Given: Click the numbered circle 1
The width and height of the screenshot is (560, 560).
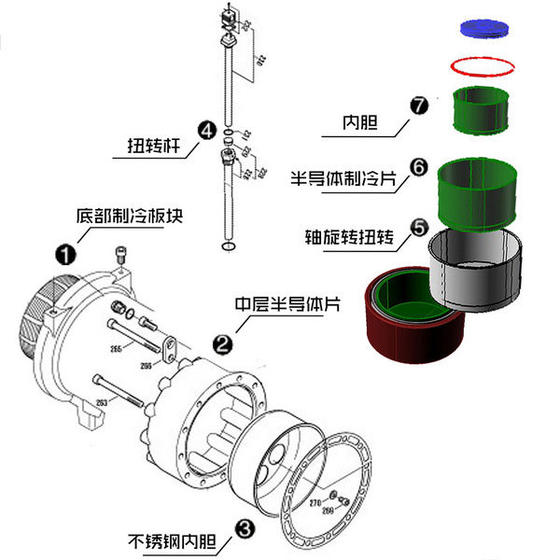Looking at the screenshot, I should pyautogui.click(x=65, y=253).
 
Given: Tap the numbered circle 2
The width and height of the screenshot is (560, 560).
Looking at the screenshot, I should pyautogui.click(x=223, y=343).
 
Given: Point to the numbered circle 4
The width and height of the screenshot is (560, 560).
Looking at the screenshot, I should pyautogui.click(x=206, y=131).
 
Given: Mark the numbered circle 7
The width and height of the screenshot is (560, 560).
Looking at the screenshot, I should pyautogui.click(x=418, y=104).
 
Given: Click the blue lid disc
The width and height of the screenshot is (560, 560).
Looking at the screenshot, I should pyautogui.click(x=487, y=28).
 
